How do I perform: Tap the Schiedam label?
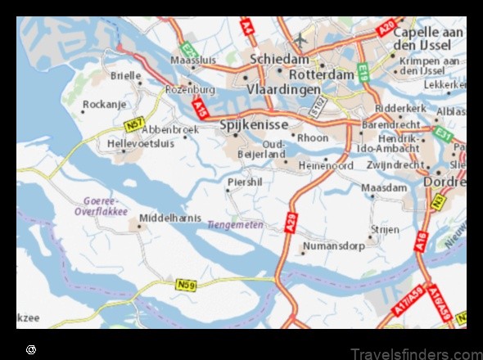(281, 59)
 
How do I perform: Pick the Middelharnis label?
(171, 218)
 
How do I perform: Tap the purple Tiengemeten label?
(258, 224)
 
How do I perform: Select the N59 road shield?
(187, 285)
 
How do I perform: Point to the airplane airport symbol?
(300, 38)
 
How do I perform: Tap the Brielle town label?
(126, 75)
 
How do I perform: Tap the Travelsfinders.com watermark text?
(417, 353)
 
